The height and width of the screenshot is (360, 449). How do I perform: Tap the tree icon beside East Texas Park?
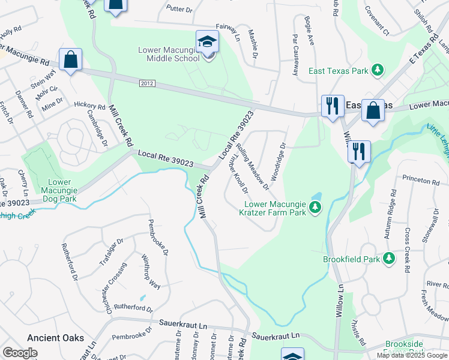click(x=378, y=71)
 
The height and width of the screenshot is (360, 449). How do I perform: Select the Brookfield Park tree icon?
click(x=389, y=259)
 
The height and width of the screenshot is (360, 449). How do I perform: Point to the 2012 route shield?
click(x=146, y=83)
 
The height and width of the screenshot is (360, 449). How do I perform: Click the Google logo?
click(x=20, y=353)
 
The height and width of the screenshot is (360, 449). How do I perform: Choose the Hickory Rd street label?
click(x=89, y=104)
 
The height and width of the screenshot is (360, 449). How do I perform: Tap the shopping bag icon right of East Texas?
click(x=373, y=112)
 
